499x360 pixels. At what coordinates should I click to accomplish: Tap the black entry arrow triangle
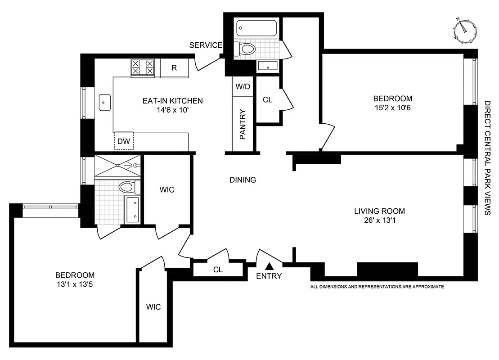(269, 266)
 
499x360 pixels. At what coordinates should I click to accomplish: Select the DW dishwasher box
(123, 141)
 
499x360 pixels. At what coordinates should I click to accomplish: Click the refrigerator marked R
(174, 68)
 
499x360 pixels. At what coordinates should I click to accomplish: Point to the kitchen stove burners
(142, 68)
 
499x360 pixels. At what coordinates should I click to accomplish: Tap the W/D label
(243, 87)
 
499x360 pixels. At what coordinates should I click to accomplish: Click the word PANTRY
(243, 125)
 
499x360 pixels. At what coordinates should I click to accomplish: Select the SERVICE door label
(206, 45)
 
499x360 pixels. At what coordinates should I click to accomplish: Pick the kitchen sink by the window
(105, 103)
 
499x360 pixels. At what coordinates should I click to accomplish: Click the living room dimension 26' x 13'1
(379, 220)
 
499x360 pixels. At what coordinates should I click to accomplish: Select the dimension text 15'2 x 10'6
(392, 108)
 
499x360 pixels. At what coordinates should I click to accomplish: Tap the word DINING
(243, 180)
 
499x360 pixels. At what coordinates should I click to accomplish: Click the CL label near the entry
(218, 270)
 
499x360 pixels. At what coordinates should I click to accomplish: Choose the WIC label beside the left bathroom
(166, 190)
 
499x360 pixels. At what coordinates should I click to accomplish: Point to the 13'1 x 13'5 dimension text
(75, 285)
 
